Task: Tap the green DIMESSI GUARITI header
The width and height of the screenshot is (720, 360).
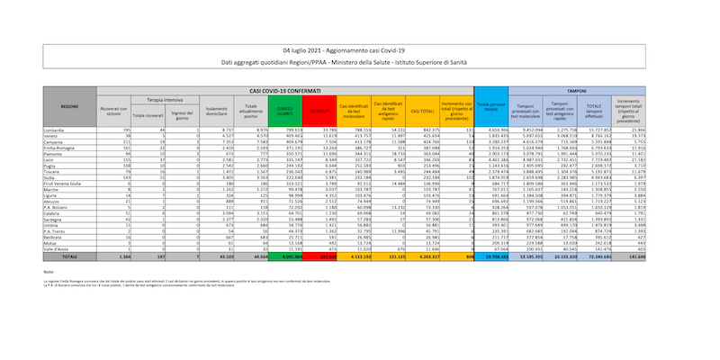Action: [x=286, y=110]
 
